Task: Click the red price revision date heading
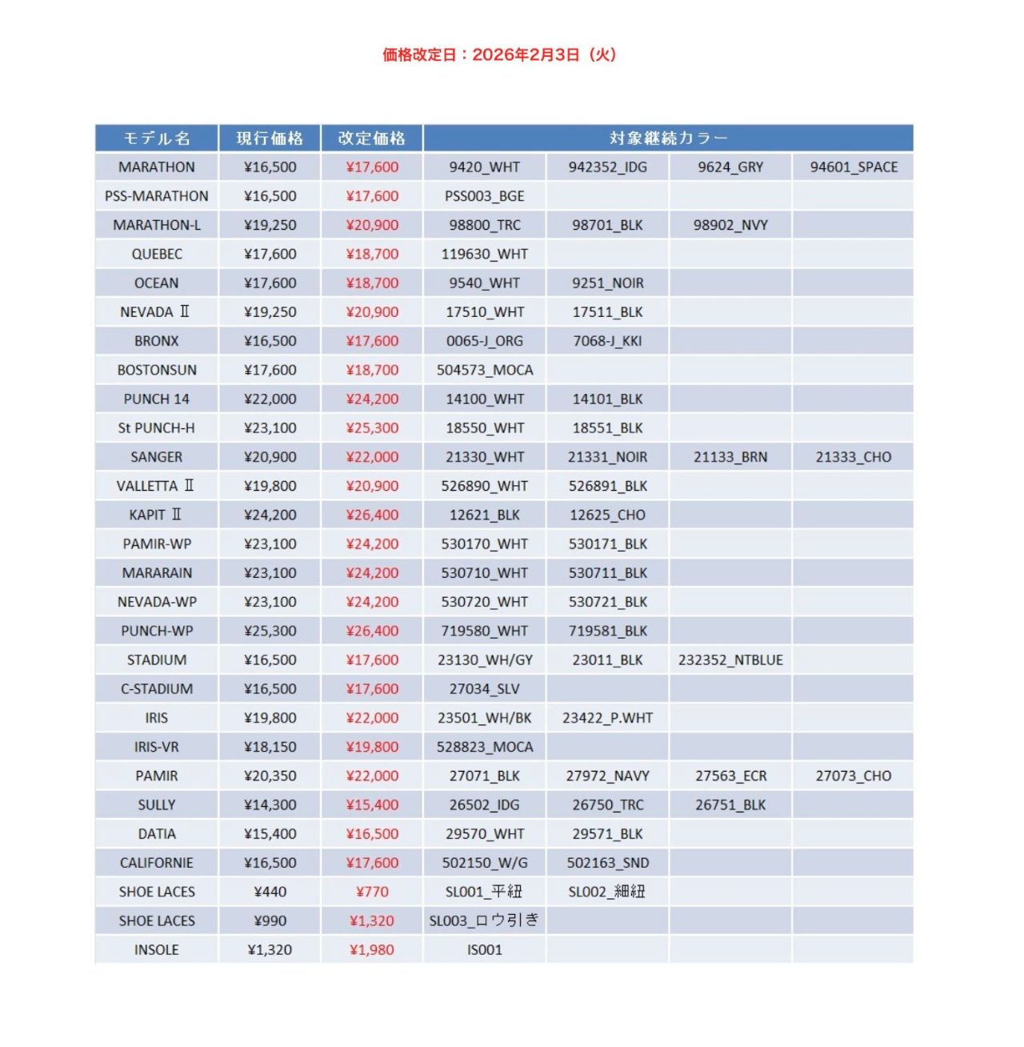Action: (499, 54)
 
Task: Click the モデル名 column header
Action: (157, 138)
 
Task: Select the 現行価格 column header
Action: (270, 138)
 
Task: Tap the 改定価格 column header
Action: (372, 138)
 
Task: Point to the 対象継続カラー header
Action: (668, 138)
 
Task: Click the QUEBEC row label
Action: (157, 254)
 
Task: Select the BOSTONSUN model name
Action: (157, 370)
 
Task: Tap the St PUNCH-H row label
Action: (157, 428)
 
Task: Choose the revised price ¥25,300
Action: (372, 428)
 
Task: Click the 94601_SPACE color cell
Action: (854, 167)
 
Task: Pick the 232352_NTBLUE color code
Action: (730, 660)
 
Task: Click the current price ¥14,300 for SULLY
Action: (270, 805)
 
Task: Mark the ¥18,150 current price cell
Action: (270, 747)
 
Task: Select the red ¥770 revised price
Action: (372, 892)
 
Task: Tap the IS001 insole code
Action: (485, 950)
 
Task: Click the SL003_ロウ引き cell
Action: (485, 921)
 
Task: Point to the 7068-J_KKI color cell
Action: (607, 341)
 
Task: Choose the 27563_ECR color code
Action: (730, 776)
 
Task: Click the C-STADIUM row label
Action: (157, 689)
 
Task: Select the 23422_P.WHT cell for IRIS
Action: (607, 718)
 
